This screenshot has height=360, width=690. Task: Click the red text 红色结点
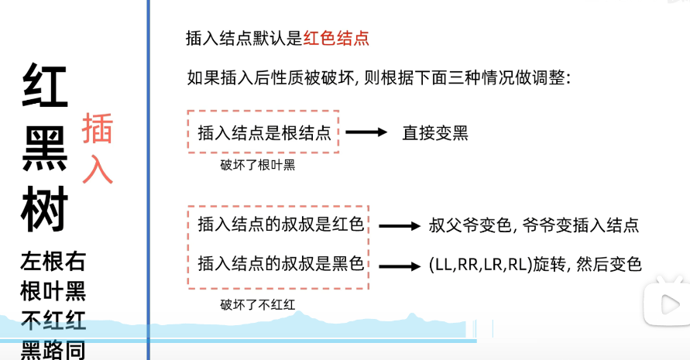pyautogui.click(x=336, y=38)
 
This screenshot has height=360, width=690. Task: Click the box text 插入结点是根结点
pyautogui.click(x=265, y=132)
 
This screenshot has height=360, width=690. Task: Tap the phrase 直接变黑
pyautogui.click(x=435, y=132)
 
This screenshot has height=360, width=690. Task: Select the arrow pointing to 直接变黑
pyautogui.click(x=366, y=132)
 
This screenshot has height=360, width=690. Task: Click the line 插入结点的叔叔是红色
pyautogui.click(x=280, y=225)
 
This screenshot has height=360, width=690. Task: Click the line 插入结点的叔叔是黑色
pyautogui.click(x=280, y=263)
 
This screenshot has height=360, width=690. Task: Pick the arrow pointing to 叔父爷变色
pyautogui.click(x=398, y=226)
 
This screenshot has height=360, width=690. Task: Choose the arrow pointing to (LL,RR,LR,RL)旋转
pyautogui.click(x=398, y=266)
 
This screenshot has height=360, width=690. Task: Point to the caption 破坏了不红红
pyautogui.click(x=258, y=304)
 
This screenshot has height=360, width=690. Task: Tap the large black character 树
pyautogui.click(x=45, y=207)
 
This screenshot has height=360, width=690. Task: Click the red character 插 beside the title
pyautogui.click(x=98, y=129)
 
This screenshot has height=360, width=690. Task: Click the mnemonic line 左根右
pyautogui.click(x=53, y=262)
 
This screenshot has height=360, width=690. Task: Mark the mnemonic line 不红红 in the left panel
pyautogui.click(x=53, y=321)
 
